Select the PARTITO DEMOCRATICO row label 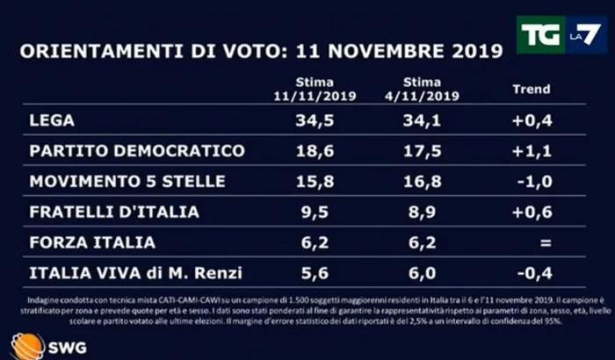[136, 151]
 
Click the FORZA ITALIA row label [92, 242]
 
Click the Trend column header [531, 89]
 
